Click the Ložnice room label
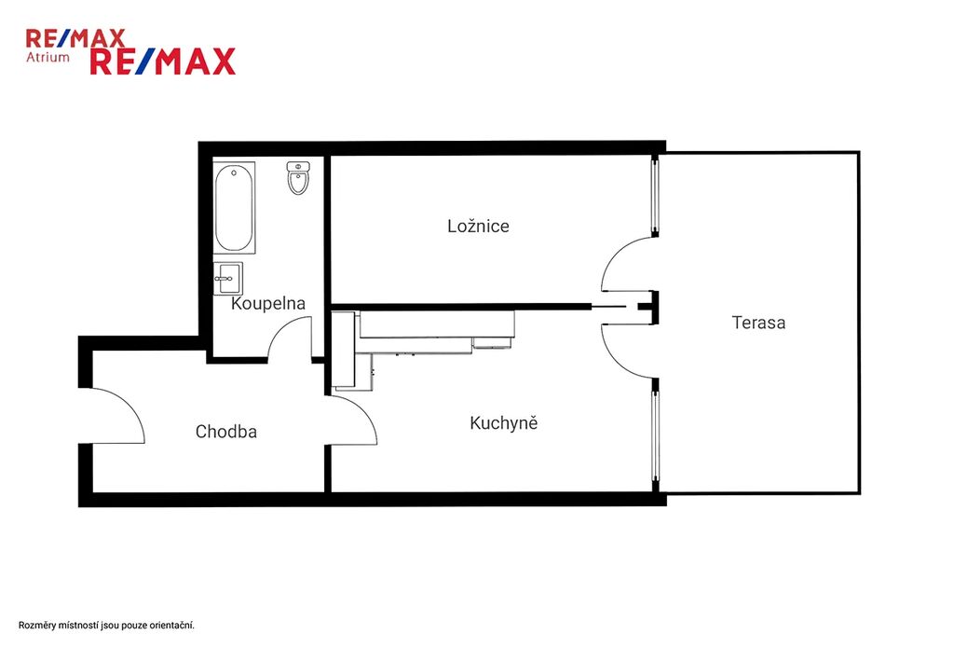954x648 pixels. tap(478, 226)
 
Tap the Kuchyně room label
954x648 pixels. tap(504, 422)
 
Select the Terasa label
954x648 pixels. tap(758, 323)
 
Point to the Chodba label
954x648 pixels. tap(225, 432)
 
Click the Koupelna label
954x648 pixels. tap(267, 303)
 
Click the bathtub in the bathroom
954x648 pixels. tap(234, 207)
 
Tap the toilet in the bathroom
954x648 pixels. tap(298, 178)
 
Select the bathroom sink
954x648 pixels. tap(228, 279)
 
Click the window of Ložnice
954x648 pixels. tap(655, 196)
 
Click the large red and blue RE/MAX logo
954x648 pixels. tap(162, 62)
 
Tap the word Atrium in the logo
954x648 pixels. tap(48, 57)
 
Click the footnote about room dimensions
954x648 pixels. tap(106, 626)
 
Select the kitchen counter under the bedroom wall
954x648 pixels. tap(437, 324)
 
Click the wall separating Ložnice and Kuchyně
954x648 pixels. tap(460, 307)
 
